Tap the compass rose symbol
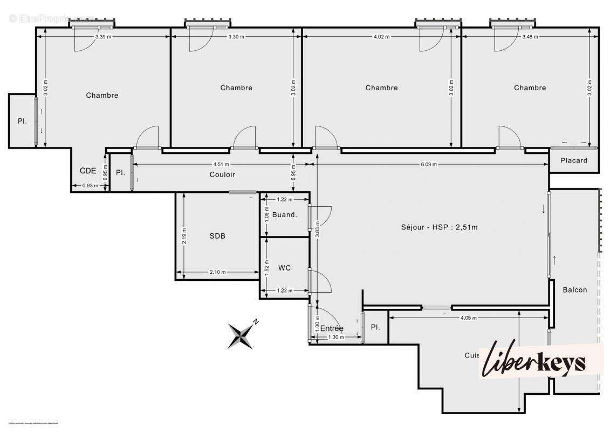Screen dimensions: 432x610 [x=241, y=335]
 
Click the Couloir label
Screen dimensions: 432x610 [x=222, y=174]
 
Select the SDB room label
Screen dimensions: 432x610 [x=217, y=236]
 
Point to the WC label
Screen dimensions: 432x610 [x=285, y=268]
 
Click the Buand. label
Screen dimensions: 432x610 [x=284, y=215]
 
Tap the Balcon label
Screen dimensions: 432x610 [x=574, y=290]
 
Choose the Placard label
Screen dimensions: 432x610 [x=573, y=160]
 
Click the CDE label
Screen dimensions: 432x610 [x=88, y=171]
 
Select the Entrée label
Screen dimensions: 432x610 [x=332, y=328]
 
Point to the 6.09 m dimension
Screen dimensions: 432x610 [x=429, y=165]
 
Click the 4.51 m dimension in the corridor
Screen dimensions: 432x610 [x=220, y=165]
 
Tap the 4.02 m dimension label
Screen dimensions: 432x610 [x=381, y=37]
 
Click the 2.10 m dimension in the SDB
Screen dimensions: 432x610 [x=217, y=272]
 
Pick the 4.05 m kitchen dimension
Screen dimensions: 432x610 [x=468, y=318]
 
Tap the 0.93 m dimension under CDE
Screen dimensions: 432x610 [x=90, y=186]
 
